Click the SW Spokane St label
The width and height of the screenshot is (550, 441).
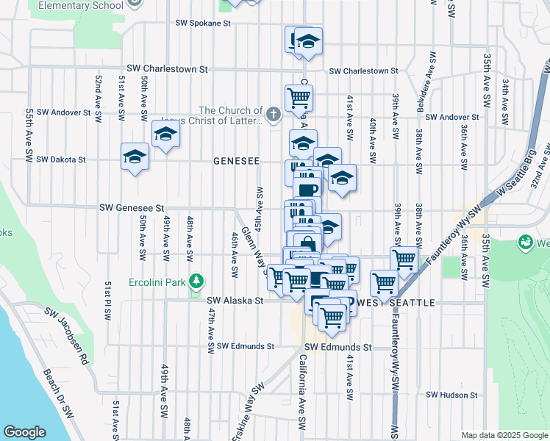pyautogui.click(x=203, y=24)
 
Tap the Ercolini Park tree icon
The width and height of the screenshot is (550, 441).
pyautogui.click(x=196, y=281)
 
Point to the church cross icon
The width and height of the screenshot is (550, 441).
pyautogui.click(x=274, y=114)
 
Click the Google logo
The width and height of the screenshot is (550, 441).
pyautogui.click(x=24, y=432)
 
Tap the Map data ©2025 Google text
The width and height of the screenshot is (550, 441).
pyautogui.click(x=504, y=435)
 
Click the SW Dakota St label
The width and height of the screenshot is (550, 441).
pyautogui.click(x=61, y=159)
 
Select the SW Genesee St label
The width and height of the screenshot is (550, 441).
pyautogui.click(x=130, y=209)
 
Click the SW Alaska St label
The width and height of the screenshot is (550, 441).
pyautogui.click(x=235, y=301)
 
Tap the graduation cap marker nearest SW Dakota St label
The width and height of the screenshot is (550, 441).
pyautogui.click(x=135, y=157)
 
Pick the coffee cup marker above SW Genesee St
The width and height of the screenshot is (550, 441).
pyautogui.click(x=308, y=188)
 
